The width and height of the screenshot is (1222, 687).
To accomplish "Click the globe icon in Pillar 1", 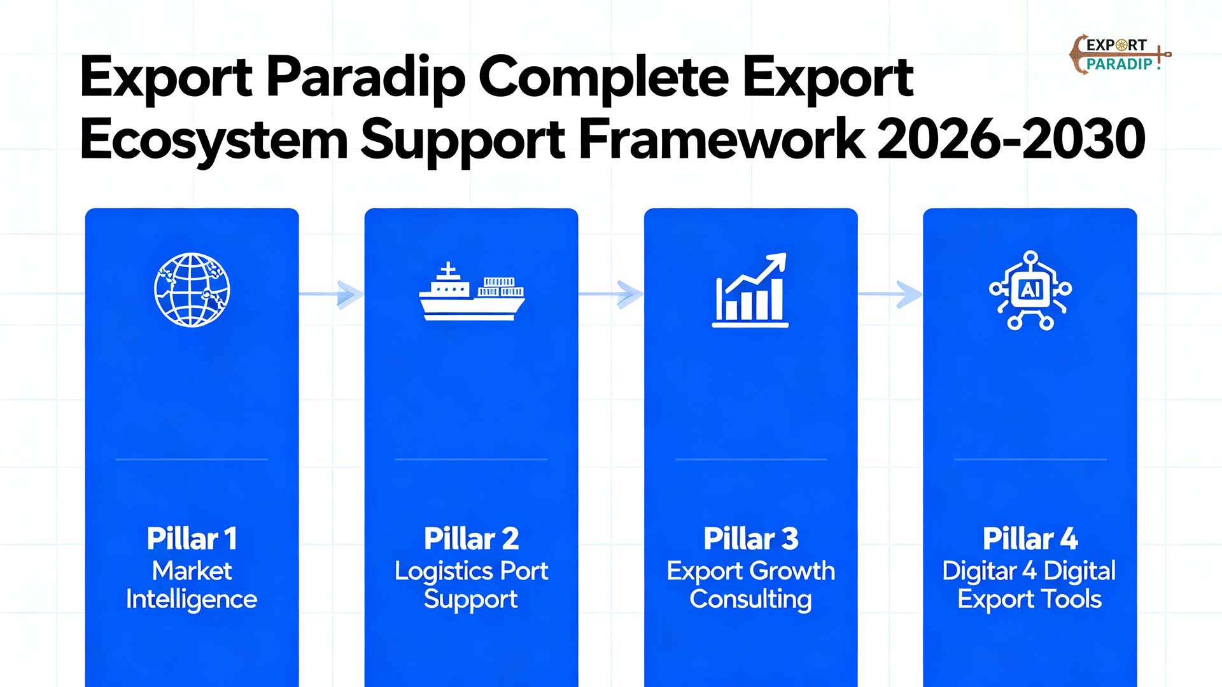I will coord(192,290).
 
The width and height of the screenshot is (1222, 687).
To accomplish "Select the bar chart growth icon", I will coord(750,291).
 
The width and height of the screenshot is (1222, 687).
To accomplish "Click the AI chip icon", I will coord(1030,291).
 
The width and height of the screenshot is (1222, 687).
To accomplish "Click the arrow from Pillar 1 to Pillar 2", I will coord(332,294).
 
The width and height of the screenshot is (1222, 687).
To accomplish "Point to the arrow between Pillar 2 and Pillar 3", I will coord(611,294).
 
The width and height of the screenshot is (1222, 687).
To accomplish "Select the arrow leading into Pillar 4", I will coord(890,294).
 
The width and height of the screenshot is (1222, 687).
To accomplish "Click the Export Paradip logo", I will coord(1119,54).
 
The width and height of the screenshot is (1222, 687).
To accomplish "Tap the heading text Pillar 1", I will coord(192,539).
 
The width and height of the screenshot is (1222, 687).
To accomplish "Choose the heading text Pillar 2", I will coord(471,539).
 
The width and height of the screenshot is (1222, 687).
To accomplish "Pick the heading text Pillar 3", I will coord(750,539).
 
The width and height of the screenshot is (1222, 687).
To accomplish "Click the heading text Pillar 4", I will coord(1030,539).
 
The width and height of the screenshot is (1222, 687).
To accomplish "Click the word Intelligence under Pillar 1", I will coord(192,600).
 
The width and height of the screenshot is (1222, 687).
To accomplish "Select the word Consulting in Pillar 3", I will coord(750,600).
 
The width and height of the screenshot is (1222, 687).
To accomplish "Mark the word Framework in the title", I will coord(721,139).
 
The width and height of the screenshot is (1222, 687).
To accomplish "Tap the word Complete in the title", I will coord(603,78).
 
